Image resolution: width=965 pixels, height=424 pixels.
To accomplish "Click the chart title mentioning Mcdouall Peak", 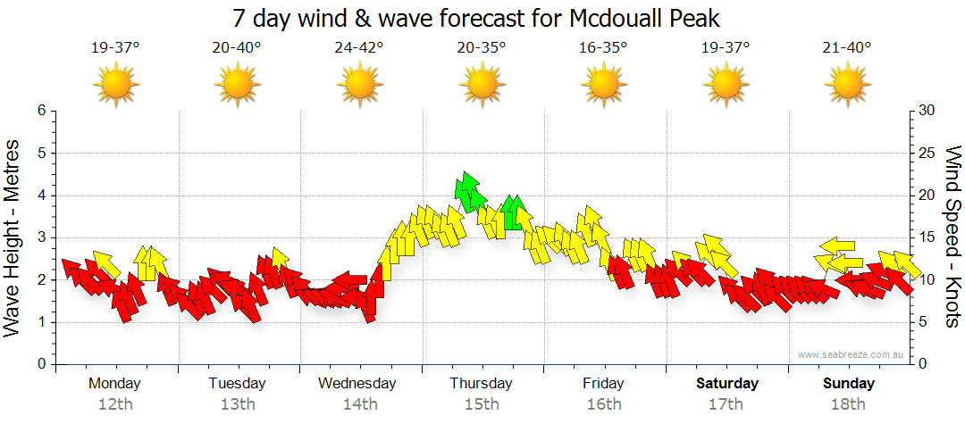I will pyautogui.click(x=476, y=18).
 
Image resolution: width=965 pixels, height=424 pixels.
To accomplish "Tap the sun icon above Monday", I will pyautogui.click(x=115, y=84).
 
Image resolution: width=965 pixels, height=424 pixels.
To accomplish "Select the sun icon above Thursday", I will pyautogui.click(x=482, y=84).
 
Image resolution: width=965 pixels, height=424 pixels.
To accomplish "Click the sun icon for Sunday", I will pyautogui.click(x=846, y=84).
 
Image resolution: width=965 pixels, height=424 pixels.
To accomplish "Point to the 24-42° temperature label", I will pyautogui.click(x=359, y=48).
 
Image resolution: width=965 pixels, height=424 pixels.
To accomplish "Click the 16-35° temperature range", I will pyautogui.click(x=603, y=48).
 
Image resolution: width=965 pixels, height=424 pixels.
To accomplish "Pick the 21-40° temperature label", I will pyautogui.click(x=846, y=48).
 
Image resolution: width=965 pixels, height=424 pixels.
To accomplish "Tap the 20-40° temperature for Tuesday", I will pyautogui.click(x=237, y=48).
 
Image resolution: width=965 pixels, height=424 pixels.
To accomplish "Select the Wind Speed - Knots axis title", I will pyautogui.click(x=952, y=237).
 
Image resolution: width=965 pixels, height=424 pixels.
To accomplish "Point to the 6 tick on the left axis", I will pyautogui.click(x=40, y=111).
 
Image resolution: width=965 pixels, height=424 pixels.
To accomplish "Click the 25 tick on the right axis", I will pyautogui.click(x=927, y=153).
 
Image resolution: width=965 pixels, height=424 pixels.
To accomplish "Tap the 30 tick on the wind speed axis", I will pyautogui.click(x=927, y=111).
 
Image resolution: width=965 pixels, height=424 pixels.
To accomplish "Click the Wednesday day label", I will pyautogui.click(x=357, y=384).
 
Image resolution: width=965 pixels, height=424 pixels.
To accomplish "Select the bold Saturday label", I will pyautogui.click(x=727, y=384).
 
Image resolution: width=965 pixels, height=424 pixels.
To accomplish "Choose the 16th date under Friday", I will pyautogui.click(x=604, y=403).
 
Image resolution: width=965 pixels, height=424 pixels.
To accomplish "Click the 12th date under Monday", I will pyautogui.click(x=115, y=403).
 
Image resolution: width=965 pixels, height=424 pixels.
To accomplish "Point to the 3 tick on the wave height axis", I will pyautogui.click(x=40, y=237).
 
